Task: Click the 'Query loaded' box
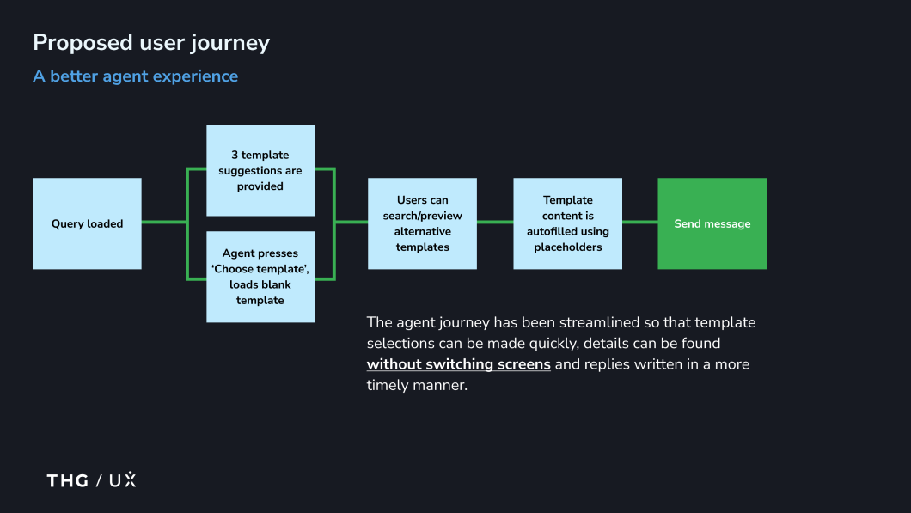tap(87, 223)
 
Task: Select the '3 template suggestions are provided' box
tap(260, 170)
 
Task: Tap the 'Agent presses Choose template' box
tap(260, 277)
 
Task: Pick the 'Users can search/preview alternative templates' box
tap(422, 223)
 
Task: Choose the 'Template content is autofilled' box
tap(567, 223)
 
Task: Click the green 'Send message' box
tap(712, 223)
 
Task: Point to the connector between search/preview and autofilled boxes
tap(495, 223)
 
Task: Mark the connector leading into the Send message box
tap(639, 223)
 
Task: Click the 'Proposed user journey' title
tap(151, 42)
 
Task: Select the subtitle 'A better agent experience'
tap(135, 76)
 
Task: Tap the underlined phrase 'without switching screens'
tap(458, 364)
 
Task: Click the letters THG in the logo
tap(68, 480)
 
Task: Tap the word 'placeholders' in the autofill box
tap(567, 247)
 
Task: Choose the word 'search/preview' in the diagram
tap(422, 216)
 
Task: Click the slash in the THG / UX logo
tap(99, 480)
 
